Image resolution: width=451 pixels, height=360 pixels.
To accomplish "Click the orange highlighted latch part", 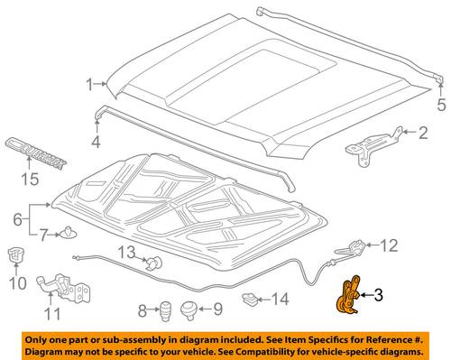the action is pos(347,296).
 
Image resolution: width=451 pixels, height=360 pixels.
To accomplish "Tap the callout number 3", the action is pos(378,295).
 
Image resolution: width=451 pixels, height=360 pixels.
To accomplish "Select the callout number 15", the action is pos(30,180).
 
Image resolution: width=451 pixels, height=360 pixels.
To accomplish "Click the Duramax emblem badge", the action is pos(35,153).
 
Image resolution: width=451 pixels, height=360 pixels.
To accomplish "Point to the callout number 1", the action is pos(90,85).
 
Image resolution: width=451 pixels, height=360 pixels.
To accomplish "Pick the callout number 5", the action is pos(441,105).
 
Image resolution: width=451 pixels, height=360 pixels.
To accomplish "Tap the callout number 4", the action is pos(96,142).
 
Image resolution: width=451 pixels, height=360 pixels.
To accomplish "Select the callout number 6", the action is pos(18,219).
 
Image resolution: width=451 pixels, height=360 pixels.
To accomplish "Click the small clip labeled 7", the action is pos(68,232).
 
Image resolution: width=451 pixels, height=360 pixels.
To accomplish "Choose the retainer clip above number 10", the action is pos(16,254).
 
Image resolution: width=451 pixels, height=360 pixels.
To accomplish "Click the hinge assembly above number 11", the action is pos(64,288).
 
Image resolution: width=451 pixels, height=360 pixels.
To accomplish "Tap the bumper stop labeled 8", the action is pos(165,310).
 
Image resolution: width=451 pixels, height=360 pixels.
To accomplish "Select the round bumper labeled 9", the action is pos(189,310).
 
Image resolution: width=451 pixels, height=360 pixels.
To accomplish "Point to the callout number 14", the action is pos(280,300).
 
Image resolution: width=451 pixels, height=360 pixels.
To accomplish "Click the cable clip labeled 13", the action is pos(154,263).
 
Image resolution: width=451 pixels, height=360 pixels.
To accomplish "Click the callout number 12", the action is pos(389,245).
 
